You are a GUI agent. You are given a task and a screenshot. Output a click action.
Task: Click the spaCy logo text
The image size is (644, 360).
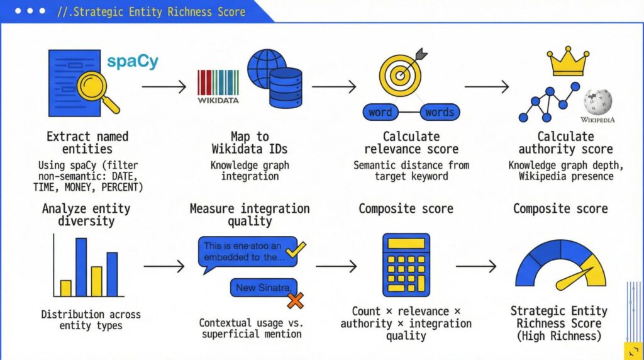(132, 62)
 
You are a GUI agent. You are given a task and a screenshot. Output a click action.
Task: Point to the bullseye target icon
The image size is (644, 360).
(400, 74)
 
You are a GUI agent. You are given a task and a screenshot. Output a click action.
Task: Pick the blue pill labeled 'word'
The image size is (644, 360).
(380, 113)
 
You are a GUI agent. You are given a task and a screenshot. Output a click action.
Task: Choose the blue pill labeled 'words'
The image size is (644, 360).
(439, 113)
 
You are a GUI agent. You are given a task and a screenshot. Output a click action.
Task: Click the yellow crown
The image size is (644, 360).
(567, 62)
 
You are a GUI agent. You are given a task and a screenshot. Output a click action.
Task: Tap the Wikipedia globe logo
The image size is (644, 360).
(597, 101)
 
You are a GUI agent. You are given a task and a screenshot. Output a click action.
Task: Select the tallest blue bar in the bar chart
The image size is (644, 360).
(81, 267)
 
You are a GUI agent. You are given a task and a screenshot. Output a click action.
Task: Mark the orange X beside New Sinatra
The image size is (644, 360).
(294, 300)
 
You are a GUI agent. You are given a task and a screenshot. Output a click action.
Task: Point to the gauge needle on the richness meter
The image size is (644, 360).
(574, 278)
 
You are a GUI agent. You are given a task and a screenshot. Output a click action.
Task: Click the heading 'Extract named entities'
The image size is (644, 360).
(87, 143)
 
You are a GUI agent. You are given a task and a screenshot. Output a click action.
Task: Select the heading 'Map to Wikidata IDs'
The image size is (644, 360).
(249, 143)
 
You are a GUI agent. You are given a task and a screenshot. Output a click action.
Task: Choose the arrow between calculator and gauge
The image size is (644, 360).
(475, 267)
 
